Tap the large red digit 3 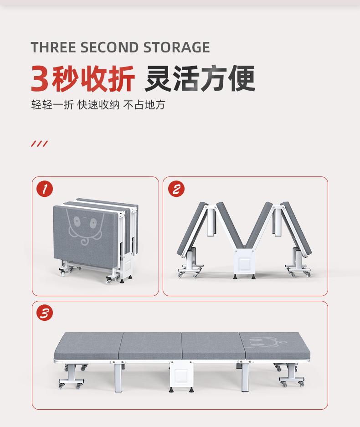[40, 79]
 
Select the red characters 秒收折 [93, 79]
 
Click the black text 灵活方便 [200, 79]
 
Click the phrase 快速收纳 [98, 105]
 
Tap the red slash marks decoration [39, 144]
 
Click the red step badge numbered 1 [44, 189]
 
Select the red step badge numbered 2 [176, 189]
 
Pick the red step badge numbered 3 [44, 313]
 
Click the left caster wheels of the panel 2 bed [190, 273]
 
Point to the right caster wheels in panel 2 [299, 272]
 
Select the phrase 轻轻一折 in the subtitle [52, 105]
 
